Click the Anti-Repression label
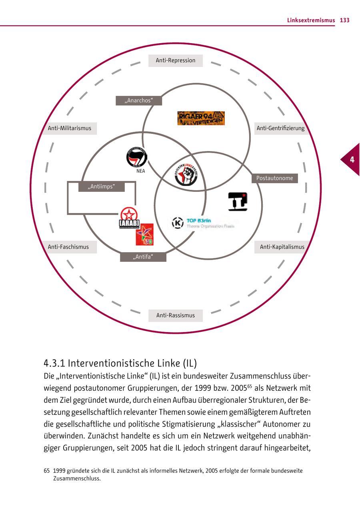[x=176, y=61]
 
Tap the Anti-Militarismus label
[x=70, y=128]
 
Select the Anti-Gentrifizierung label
[x=280, y=128]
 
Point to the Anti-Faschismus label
[x=68, y=247]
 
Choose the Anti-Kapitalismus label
[x=282, y=247]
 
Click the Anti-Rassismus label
[x=176, y=315]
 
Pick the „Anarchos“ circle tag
[x=139, y=101]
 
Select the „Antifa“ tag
[x=143, y=257]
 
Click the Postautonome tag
[x=274, y=178]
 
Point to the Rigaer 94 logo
[x=201, y=118]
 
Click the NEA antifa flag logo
[x=137, y=157]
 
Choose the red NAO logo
[x=145, y=235]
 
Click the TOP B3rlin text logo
[x=202, y=223]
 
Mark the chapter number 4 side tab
[x=351, y=159]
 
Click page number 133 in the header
[x=344, y=20]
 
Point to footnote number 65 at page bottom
[x=46, y=471]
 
